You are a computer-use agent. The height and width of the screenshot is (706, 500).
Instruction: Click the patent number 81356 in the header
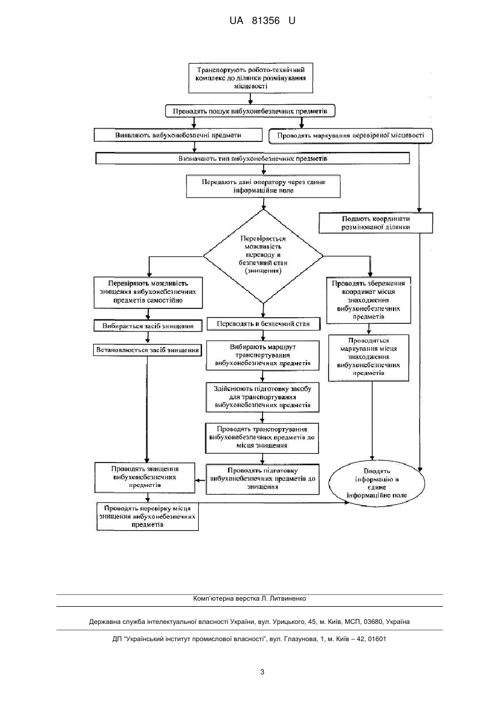tap(266, 21)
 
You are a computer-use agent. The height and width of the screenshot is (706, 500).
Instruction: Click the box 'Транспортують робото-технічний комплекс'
tap(251, 78)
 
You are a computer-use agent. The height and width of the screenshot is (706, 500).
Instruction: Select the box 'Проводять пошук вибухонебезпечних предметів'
tap(250, 111)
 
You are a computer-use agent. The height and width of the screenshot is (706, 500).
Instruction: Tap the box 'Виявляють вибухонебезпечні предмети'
tap(178, 135)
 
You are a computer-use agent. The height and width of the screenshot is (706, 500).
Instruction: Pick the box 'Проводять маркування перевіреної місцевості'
tap(351, 136)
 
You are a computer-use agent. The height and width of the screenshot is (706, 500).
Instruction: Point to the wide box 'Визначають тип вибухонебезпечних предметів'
tap(252, 158)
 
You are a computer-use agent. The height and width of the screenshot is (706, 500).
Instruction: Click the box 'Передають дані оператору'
tap(264, 186)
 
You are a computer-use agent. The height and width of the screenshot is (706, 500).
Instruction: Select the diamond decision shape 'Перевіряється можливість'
tap(263, 256)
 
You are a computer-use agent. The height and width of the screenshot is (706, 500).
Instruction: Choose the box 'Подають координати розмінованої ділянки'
tap(376, 223)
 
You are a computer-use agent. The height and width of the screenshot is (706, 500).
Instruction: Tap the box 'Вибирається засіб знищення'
tap(148, 326)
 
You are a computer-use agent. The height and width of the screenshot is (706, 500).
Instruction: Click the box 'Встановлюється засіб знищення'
tap(148, 350)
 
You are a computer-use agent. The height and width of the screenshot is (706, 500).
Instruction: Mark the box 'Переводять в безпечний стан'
tap(264, 324)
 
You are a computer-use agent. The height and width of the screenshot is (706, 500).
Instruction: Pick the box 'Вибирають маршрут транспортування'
tap(263, 355)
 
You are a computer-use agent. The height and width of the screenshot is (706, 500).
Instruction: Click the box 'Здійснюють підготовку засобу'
tap(262, 397)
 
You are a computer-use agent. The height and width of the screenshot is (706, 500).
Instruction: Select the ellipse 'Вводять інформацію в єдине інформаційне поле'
tap(377, 483)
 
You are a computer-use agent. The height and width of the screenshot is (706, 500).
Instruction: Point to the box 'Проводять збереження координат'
tap(368, 300)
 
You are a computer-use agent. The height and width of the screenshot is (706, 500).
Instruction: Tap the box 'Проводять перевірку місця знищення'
tap(148, 516)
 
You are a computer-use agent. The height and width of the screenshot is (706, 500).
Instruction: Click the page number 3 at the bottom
tap(262, 672)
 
